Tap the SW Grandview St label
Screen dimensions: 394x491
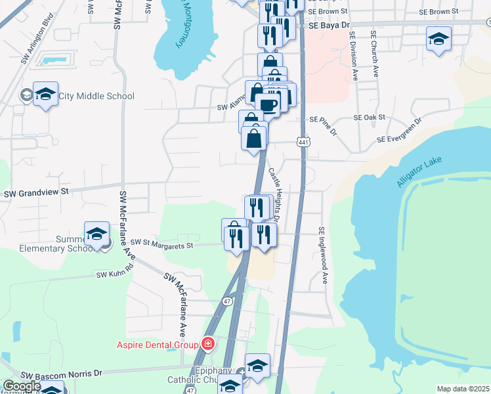click(37, 193)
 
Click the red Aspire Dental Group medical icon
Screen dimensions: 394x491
click(208, 343)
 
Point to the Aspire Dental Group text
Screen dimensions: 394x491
click(158, 344)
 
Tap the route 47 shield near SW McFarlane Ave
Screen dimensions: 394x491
click(226, 301)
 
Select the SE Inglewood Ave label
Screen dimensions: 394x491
click(322, 255)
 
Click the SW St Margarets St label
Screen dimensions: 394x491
click(161, 245)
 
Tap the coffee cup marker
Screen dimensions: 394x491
click(268, 105)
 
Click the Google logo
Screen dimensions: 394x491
click(22, 386)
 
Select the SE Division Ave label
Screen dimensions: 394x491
click(353, 56)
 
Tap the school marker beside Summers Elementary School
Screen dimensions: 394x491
click(96, 234)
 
